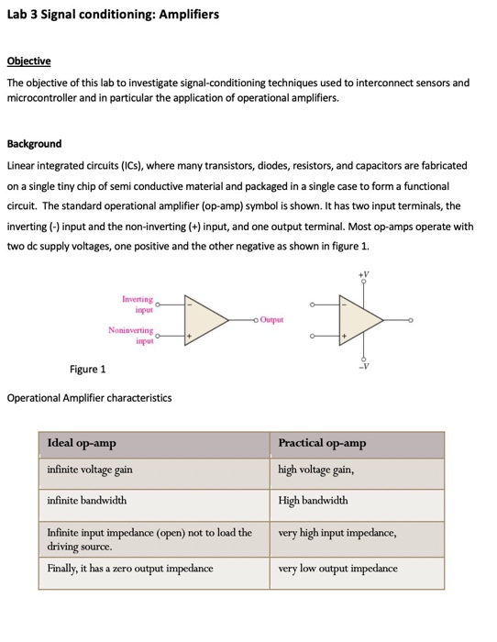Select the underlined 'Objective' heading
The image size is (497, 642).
pos(28,61)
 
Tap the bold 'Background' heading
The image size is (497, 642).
pos(34,144)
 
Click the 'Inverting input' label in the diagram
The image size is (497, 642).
pos(137,304)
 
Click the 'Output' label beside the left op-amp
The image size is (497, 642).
pos(272,320)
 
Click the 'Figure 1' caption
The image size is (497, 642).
pos(88,370)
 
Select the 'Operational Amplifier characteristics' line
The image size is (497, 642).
pos(89,398)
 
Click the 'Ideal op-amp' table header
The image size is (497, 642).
pos(82,444)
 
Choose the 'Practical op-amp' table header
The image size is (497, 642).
pos(322,444)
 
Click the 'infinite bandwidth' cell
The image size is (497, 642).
pos(87,501)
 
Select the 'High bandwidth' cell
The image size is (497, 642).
pos(313,501)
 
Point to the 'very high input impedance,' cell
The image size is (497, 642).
pos(337,533)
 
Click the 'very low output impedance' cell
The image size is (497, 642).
pos(337,569)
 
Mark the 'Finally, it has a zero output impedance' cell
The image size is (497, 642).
pos(130,569)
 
